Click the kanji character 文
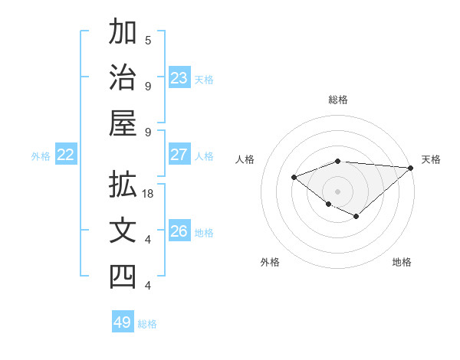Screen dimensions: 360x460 click(x=123, y=232)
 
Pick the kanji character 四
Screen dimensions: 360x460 click(x=123, y=277)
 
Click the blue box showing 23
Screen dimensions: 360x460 click(x=179, y=77)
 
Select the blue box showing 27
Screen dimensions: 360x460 click(x=179, y=155)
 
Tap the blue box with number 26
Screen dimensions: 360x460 click(x=179, y=231)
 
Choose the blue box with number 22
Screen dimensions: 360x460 click(x=65, y=155)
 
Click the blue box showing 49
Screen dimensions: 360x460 click(x=122, y=322)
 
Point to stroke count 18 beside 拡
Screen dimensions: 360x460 click(x=149, y=195)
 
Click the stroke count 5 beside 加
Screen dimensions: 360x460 click(x=148, y=40)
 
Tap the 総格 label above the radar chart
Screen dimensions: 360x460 click(x=337, y=100)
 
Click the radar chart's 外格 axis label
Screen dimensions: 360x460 click(x=270, y=262)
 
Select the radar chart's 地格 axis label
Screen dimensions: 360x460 click(x=402, y=262)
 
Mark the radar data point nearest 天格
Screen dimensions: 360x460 click(x=411, y=169)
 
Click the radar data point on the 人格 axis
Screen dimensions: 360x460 click(x=294, y=178)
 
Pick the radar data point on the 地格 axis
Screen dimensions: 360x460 click(x=356, y=217)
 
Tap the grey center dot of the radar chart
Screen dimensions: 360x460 click(x=337, y=191)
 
